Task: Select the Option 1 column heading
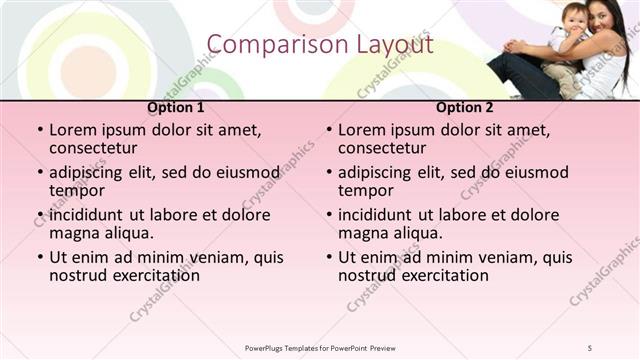[175, 107]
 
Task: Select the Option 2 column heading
[465, 107]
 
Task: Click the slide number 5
[590, 347]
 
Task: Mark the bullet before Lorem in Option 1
[39, 130]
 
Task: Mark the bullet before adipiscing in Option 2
[328, 173]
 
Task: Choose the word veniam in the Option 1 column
[218, 257]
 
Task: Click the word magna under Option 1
[73, 233]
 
